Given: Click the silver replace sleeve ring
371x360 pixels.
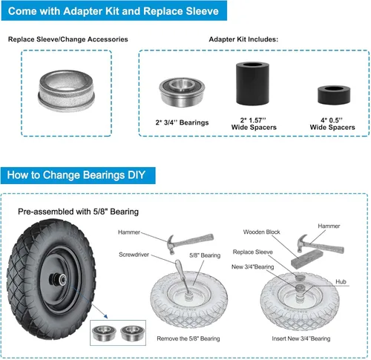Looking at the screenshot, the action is point(66,91).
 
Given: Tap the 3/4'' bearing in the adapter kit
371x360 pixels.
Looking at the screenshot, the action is point(182,92).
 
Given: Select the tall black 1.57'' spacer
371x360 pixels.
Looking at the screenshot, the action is point(252,83).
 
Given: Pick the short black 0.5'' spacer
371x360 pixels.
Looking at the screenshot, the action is point(334,95).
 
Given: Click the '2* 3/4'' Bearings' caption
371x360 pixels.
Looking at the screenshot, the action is point(182,122).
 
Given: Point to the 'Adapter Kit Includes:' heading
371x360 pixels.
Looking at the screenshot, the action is point(243,39).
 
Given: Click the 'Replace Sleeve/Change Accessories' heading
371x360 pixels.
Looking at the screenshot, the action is point(68,39).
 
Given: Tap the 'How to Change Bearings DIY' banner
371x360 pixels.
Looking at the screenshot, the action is point(78,175).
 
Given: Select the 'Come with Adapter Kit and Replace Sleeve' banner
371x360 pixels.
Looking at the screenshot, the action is point(114,11).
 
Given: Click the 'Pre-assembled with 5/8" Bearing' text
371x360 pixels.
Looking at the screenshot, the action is point(78,212).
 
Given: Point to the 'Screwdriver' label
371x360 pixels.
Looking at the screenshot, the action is point(134,255).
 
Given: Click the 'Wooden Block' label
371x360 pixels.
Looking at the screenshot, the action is point(261,232).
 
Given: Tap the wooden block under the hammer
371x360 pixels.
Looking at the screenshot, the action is point(307,258).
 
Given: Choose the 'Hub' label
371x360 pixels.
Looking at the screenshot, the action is point(341,281).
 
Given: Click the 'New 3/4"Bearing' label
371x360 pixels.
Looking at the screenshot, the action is point(252,266).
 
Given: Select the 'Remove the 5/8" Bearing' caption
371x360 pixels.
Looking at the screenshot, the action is point(188,338).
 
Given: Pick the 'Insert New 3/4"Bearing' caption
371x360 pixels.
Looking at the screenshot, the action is point(301,338).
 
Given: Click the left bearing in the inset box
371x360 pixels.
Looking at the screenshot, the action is point(104,333).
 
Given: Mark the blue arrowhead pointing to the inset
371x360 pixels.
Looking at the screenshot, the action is point(106,316).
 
